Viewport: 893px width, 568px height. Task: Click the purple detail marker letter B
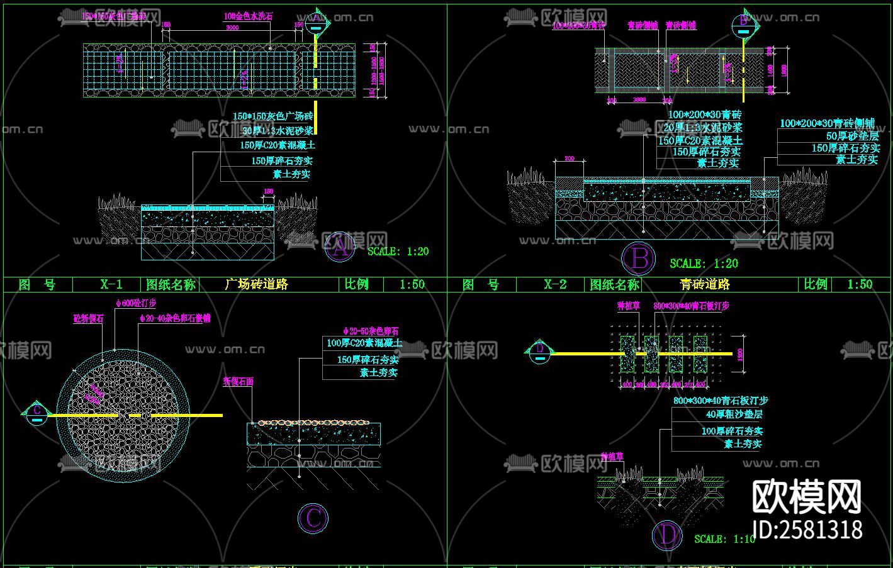pyautogui.click(x=639, y=259)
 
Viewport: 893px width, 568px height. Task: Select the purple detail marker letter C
pyautogui.click(x=313, y=518)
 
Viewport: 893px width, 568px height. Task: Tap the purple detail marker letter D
pyautogui.click(x=667, y=535)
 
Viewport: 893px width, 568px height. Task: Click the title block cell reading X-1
pyautogui.click(x=111, y=284)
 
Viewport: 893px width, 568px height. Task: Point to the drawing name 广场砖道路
pyautogui.click(x=256, y=284)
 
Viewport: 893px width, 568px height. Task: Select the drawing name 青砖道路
pyautogui.click(x=704, y=284)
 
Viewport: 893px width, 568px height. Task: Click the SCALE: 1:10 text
pyautogui.click(x=724, y=539)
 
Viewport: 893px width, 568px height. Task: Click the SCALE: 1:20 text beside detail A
pyautogui.click(x=398, y=251)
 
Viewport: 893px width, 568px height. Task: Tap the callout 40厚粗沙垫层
pyautogui.click(x=734, y=414)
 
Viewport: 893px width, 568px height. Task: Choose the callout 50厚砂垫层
pyautogui.click(x=852, y=136)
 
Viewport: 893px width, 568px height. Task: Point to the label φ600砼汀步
pyautogui.click(x=136, y=303)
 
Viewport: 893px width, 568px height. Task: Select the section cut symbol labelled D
pyautogui.click(x=539, y=350)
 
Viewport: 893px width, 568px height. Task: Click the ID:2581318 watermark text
pyautogui.click(x=808, y=530)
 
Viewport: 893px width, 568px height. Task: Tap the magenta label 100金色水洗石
pyautogui.click(x=249, y=16)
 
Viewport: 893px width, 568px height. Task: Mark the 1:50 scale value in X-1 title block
pyautogui.click(x=412, y=284)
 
